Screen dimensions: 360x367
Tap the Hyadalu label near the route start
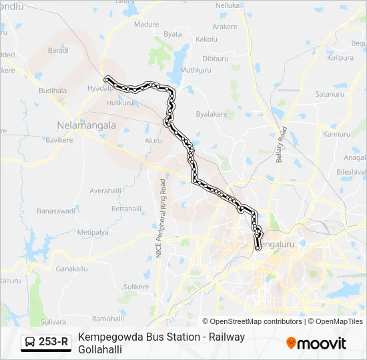99,87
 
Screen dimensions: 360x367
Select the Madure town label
146,25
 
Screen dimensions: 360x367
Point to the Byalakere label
212,114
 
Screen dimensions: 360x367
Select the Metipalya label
92,232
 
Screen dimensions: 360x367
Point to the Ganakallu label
71,269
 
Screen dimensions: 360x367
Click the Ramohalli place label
107,319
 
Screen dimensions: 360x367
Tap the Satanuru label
328,95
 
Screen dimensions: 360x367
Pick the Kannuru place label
336,134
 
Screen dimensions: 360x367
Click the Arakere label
224,27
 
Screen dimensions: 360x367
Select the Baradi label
58,50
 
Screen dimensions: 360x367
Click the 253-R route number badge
46,343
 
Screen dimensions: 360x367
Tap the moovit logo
316,343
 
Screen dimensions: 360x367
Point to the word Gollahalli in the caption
100,349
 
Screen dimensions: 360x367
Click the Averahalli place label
105,191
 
